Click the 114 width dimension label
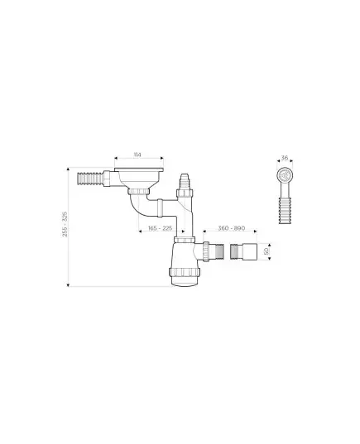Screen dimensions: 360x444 (137, 155)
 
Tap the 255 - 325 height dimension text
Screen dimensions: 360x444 (65, 224)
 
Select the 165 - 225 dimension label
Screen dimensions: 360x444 (161, 228)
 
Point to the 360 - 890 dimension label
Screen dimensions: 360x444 (231, 228)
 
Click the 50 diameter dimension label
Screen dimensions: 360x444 (266, 251)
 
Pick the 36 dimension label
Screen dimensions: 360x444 (285, 158)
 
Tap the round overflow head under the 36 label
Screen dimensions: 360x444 (284, 175)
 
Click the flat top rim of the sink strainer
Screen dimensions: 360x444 (139, 169)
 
